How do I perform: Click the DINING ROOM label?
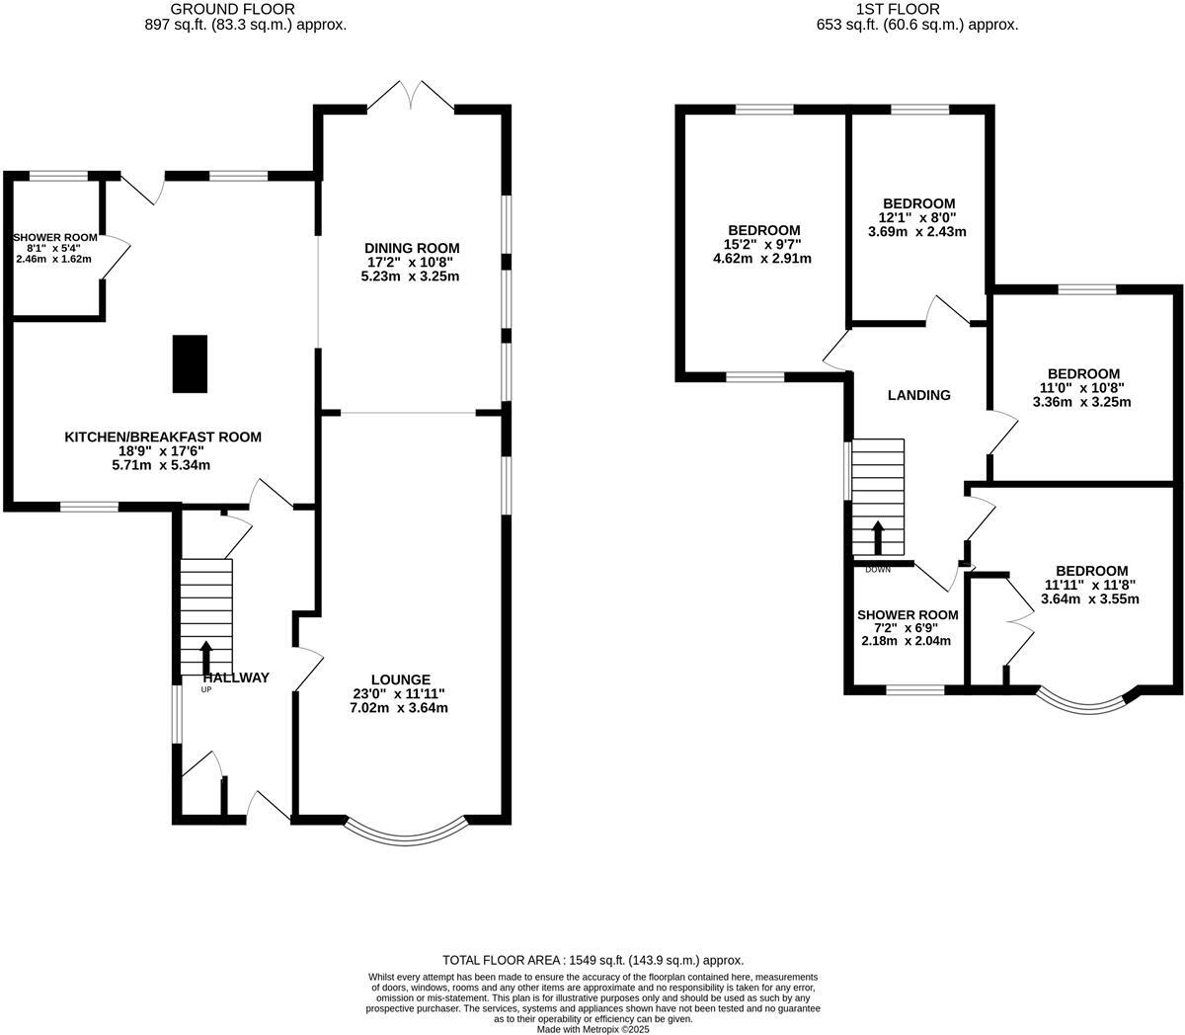(x=411, y=248)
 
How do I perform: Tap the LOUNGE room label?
(x=400, y=679)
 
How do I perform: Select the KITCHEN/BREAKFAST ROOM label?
(x=163, y=437)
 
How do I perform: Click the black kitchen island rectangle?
(x=190, y=363)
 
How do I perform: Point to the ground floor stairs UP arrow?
(x=206, y=657)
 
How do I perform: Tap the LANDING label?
(x=918, y=395)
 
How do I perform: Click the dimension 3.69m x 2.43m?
(x=916, y=232)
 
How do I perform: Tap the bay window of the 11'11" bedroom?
(x=1083, y=702)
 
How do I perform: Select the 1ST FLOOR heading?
(x=917, y=9)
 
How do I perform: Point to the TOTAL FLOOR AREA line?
(x=592, y=960)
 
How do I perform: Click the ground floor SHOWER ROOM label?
(x=55, y=237)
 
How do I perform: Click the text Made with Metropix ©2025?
(x=592, y=1028)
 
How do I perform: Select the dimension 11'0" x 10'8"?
(x=1082, y=388)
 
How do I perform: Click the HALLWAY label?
(x=236, y=677)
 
